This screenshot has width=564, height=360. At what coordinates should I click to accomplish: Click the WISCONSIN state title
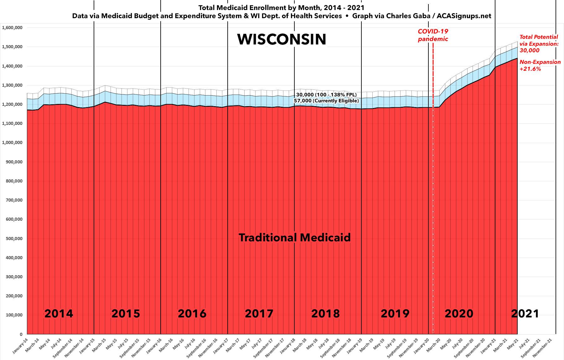coord(282,39)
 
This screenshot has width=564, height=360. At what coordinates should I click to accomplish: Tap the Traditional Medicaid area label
coord(294,238)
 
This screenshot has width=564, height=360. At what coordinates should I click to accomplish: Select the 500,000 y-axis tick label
coord(14,239)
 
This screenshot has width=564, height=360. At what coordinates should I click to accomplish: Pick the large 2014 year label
coord(59,313)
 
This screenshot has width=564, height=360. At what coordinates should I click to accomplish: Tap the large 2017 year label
coord(259,313)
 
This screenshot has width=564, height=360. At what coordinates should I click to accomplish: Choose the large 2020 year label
coord(459,313)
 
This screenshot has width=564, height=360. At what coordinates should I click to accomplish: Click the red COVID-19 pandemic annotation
coord(433,35)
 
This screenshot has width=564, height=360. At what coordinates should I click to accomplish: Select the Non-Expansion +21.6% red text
coord(540,65)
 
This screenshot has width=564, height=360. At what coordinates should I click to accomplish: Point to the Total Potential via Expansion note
coord(539,44)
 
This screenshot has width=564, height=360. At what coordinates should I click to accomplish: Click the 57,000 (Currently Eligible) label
coord(326,101)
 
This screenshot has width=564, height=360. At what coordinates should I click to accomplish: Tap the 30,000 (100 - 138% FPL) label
coord(326,95)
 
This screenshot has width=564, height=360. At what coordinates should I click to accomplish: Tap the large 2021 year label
coord(525,313)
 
